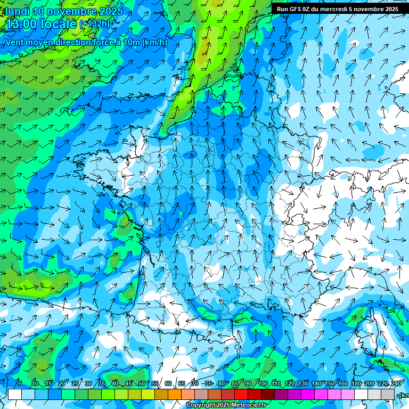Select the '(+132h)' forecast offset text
coord(95,24)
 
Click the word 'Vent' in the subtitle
coord(16,42)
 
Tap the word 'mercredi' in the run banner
coord(333,9)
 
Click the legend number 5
coord(20,383)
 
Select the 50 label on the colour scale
coord(142,383)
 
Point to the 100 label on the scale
coord(263,383)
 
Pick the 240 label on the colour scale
coord(396,383)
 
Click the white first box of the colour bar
coord(15,395)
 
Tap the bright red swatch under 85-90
coord(241,395)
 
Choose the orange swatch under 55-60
coord(161,395)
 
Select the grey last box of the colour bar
coord(388,395)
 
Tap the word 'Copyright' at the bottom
coord(201,405)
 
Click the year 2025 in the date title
coord(110,11)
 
